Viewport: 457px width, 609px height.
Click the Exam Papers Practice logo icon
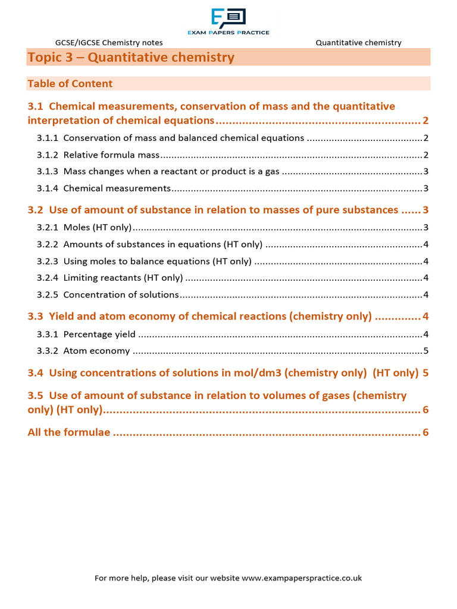pos(228,17)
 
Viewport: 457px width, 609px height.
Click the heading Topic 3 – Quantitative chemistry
pos(131,58)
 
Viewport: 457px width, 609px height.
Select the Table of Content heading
pos(70,84)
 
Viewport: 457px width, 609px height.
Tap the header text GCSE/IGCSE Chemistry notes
pos(109,43)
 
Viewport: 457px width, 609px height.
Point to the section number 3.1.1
pos(48,138)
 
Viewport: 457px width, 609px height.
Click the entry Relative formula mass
pos(111,155)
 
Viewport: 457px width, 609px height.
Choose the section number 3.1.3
pos(48,172)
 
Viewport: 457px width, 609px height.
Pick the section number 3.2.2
pos(48,244)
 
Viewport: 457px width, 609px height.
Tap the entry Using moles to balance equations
pos(157,261)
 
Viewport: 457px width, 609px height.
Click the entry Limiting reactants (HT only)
pos(123,278)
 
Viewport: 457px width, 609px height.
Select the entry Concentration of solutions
pos(121,294)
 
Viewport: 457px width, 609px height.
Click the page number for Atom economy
pos(425,351)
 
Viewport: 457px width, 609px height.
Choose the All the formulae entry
pos(69,432)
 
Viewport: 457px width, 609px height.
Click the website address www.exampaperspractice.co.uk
pos(302,578)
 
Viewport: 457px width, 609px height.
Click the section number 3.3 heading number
pos(36,316)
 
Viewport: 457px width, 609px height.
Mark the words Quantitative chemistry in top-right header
pos(358,43)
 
